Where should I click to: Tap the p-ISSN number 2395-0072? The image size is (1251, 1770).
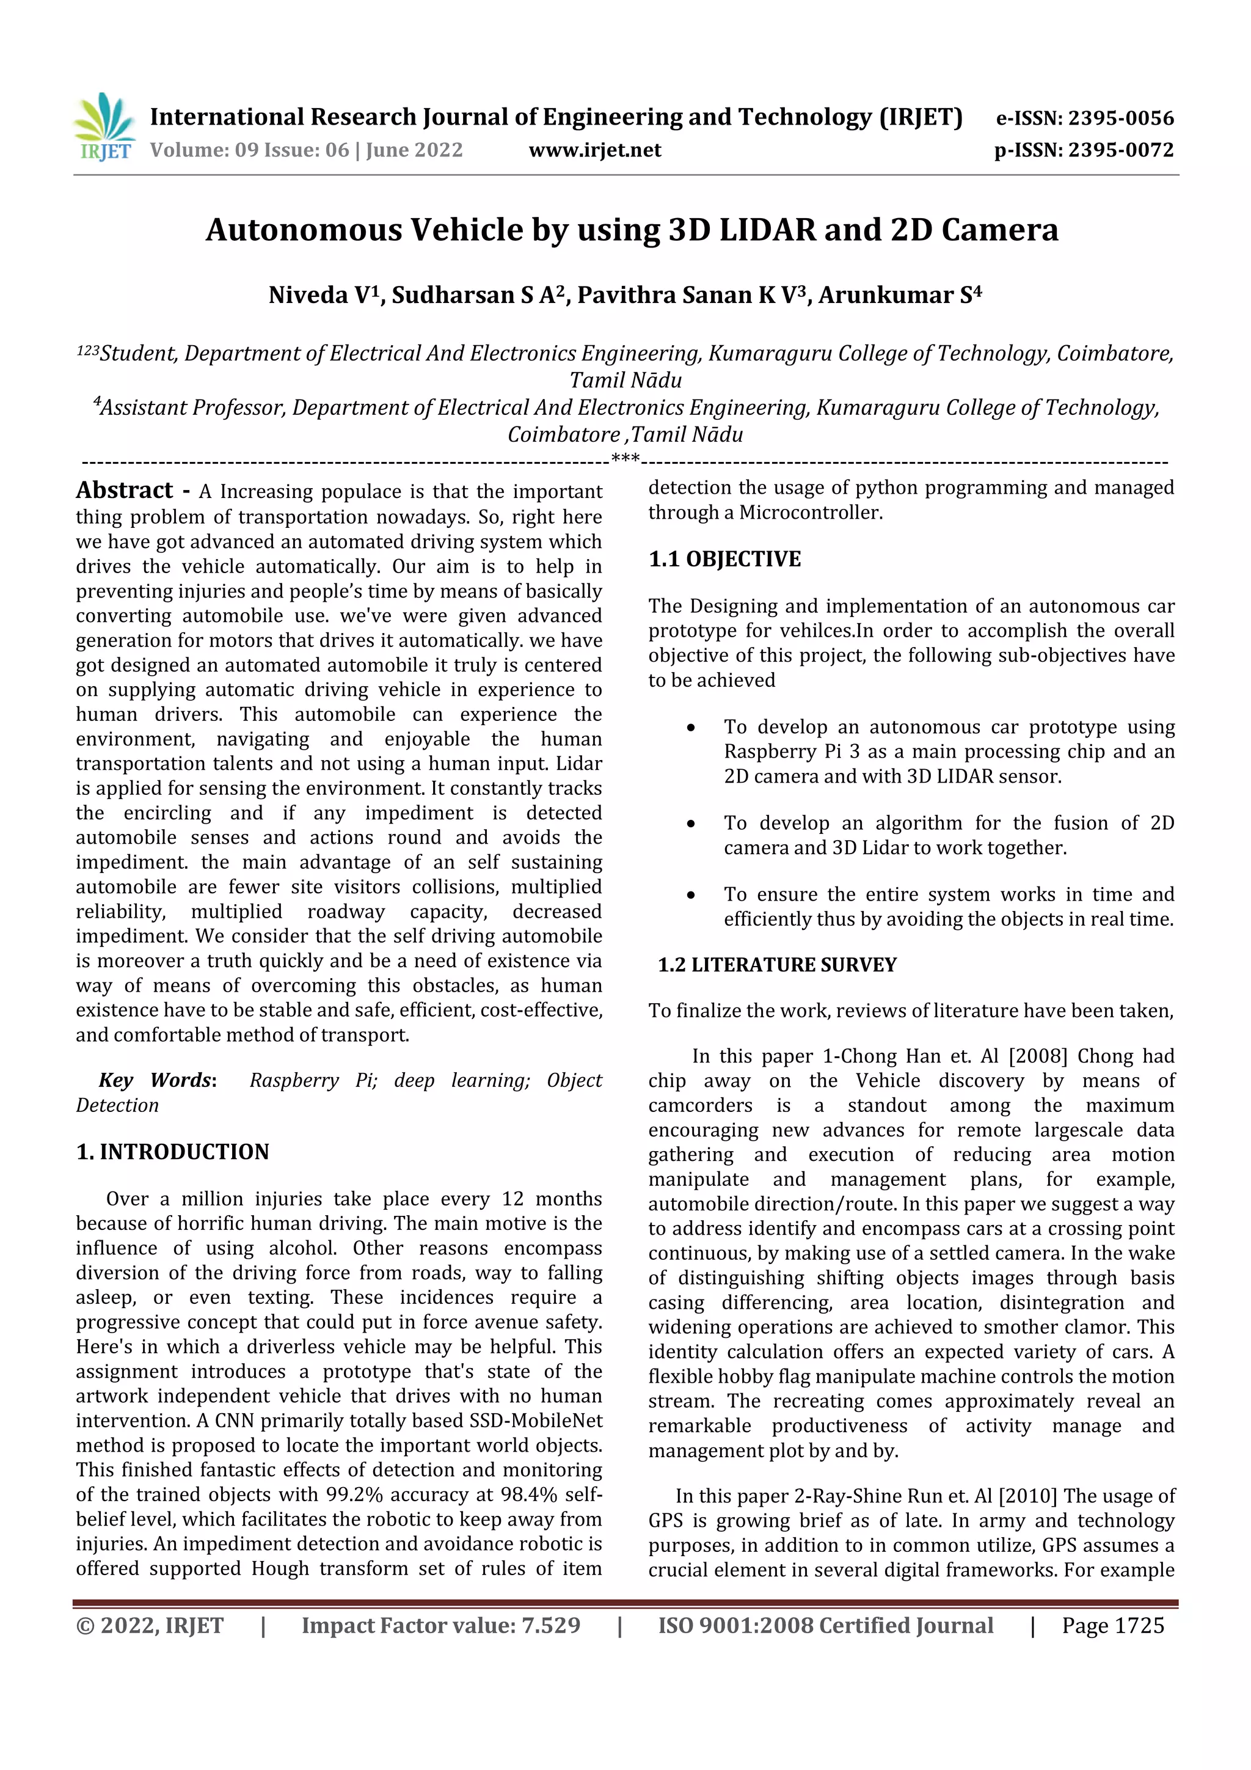[1120, 150]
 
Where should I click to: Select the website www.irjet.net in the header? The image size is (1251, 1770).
[594, 150]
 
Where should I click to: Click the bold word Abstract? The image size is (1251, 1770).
[125, 490]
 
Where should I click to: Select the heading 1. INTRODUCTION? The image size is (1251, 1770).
[173, 1152]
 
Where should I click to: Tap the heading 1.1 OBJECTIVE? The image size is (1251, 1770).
[724, 559]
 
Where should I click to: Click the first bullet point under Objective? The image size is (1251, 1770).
[691, 728]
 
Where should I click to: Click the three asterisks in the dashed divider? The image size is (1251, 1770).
[624, 459]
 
